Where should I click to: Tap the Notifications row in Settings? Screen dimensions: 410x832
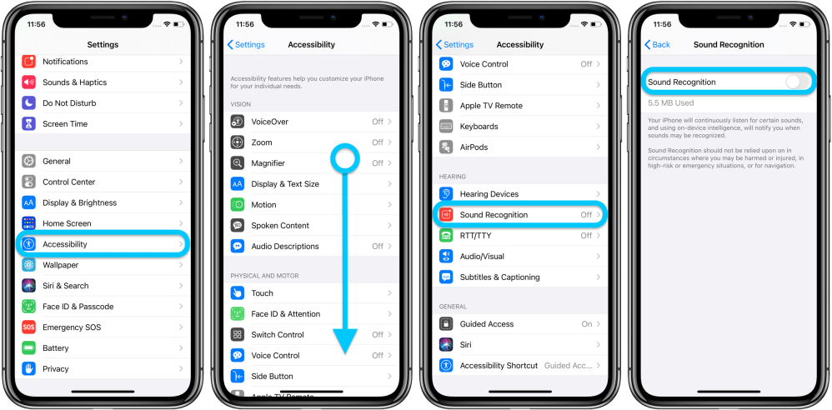100,62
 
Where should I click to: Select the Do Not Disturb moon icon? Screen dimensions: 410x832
29,103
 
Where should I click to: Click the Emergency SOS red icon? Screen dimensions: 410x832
29,327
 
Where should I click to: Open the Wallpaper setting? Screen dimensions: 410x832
100,265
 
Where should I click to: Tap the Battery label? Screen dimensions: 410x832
57,348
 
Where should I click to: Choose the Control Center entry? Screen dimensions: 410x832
100,182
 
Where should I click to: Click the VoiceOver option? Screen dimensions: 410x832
308,122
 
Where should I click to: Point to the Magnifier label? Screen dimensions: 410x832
268,163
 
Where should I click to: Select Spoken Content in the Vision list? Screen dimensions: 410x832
308,226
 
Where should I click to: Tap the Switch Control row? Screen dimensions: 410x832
308,335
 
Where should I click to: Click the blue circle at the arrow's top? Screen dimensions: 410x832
344,156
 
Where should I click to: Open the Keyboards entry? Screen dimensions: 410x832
517,127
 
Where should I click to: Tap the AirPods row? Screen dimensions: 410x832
517,147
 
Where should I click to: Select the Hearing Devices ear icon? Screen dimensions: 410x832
446,194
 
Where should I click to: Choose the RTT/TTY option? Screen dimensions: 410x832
517,236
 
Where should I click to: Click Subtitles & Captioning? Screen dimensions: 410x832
517,277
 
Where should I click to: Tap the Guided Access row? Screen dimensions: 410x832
517,324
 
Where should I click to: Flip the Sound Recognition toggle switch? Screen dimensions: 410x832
796,82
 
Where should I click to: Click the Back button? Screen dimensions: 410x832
658,45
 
